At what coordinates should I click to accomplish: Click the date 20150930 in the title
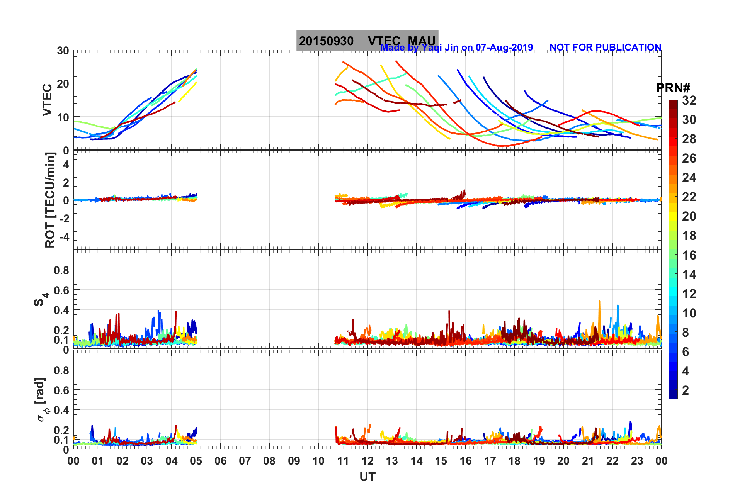tap(326, 41)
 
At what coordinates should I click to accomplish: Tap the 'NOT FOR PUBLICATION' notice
tap(605, 47)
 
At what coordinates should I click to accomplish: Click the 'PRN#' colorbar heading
tap(673, 88)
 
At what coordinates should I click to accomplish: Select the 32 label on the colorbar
tap(689, 100)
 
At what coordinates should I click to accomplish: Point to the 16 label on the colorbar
tap(689, 255)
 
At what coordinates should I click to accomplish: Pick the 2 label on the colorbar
tap(686, 390)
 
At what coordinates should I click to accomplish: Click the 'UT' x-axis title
tap(367, 477)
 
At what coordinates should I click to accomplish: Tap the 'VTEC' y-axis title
tap(47, 100)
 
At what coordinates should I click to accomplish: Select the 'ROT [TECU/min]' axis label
tap(50, 200)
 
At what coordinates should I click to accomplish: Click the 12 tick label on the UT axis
tap(367, 461)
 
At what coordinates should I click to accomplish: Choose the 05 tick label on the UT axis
tap(196, 461)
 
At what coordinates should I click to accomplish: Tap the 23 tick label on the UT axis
tap(637, 461)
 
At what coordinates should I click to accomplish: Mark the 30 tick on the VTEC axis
tap(63, 51)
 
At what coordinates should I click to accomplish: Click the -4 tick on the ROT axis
tap(63, 236)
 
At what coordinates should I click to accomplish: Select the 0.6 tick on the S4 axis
tap(61, 290)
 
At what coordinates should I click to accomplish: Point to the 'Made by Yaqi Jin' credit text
tap(456, 47)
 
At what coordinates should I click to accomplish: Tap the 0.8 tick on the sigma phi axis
tap(61, 370)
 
